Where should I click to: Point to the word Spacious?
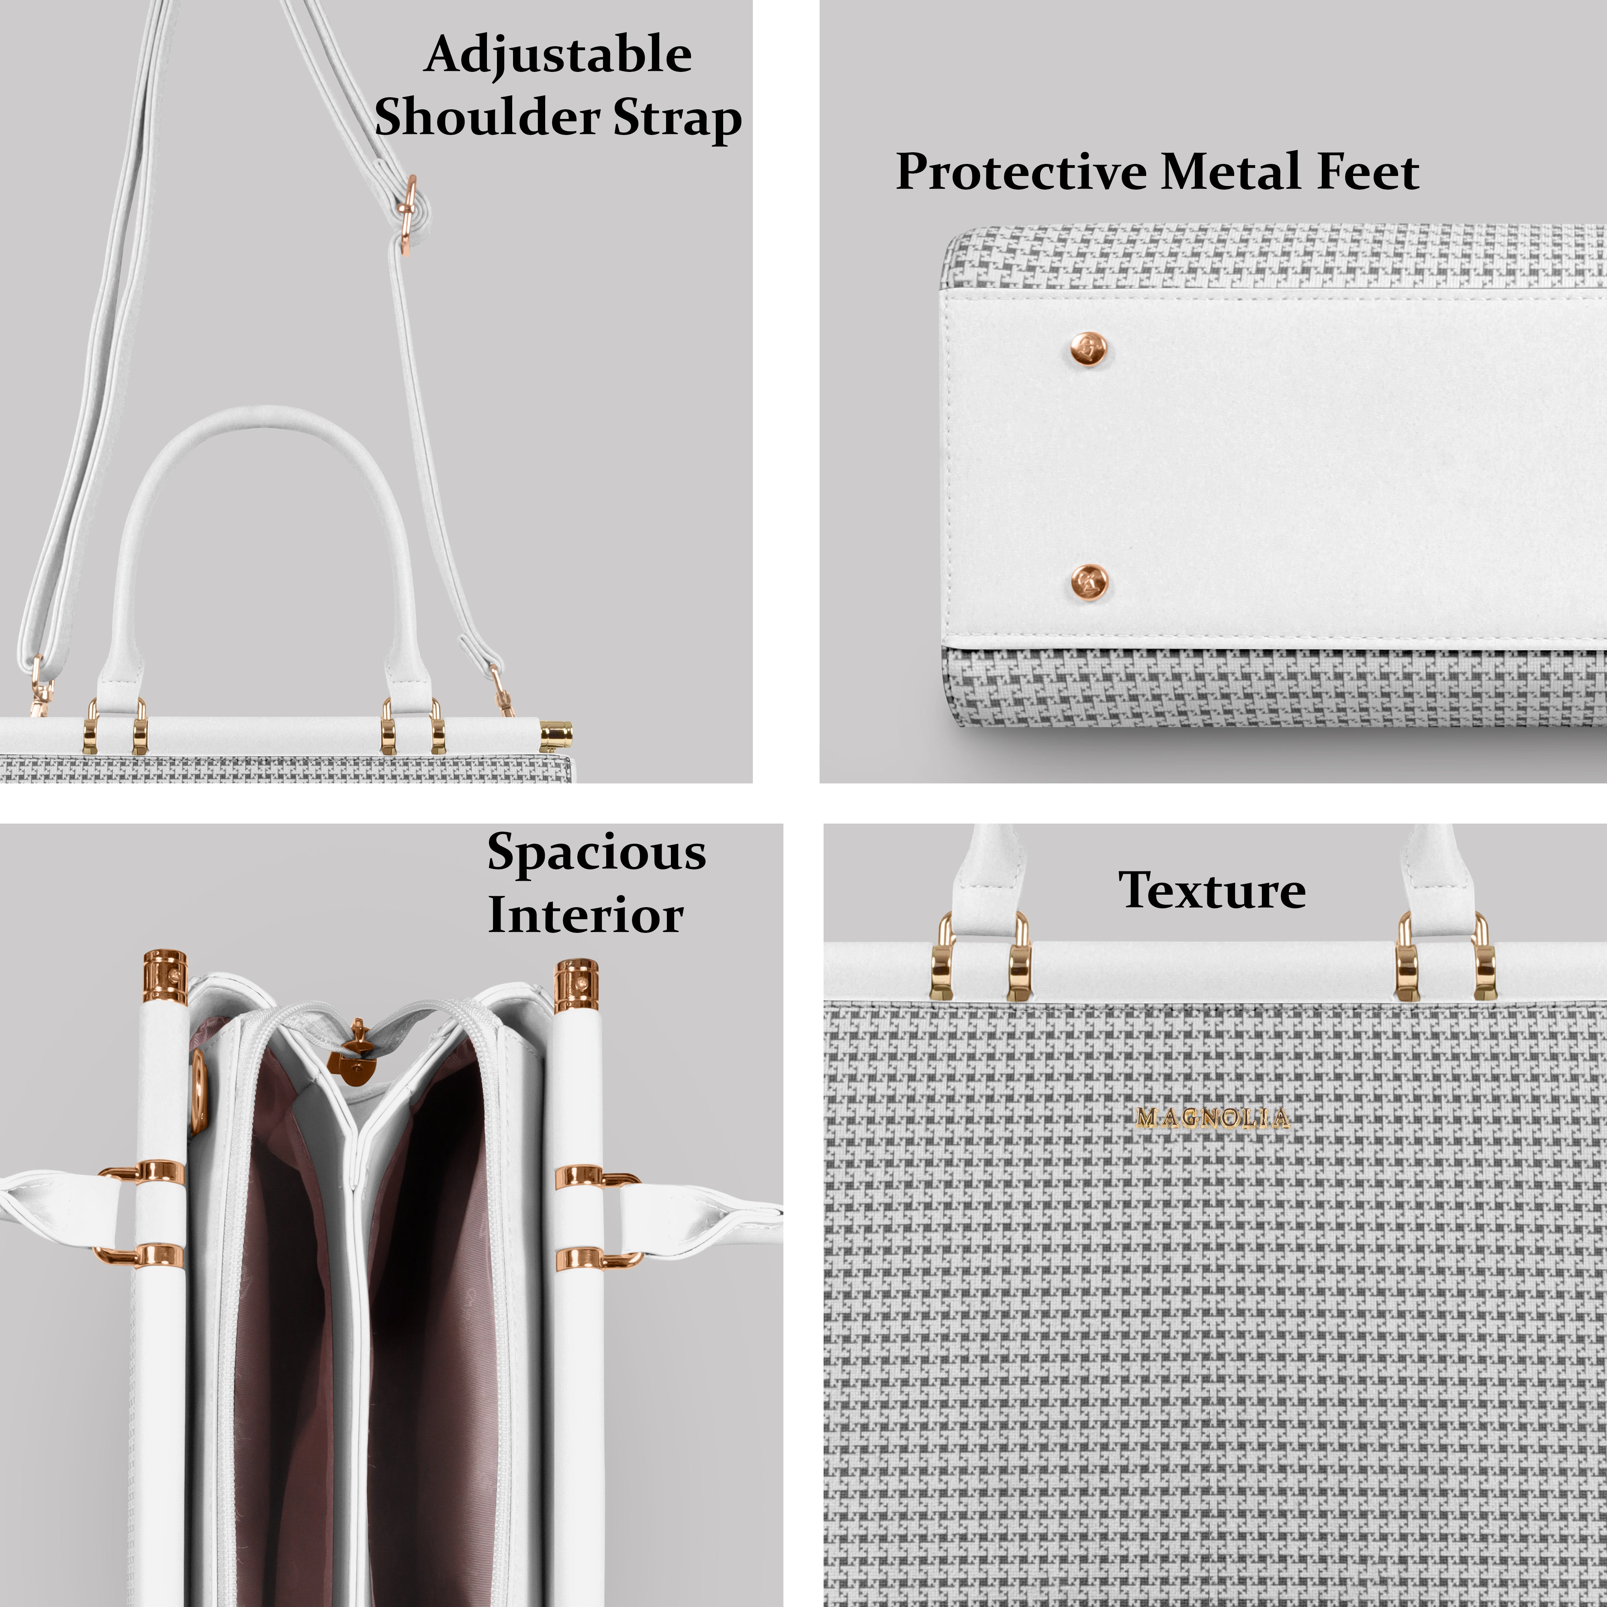point(596,853)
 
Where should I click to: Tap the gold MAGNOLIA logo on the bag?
point(1212,1118)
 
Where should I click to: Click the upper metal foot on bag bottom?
point(1088,350)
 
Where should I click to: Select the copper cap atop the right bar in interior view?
point(577,984)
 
